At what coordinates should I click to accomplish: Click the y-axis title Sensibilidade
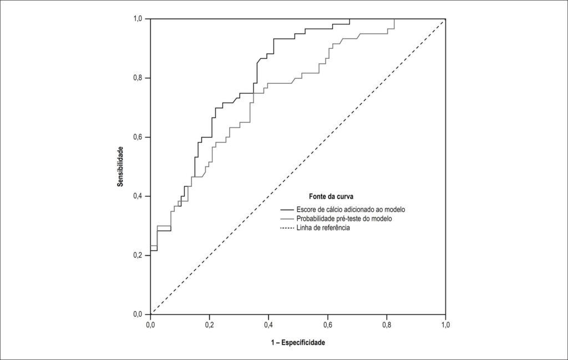point(120,166)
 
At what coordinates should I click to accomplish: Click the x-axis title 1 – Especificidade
point(298,342)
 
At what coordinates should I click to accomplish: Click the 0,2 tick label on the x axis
point(209,325)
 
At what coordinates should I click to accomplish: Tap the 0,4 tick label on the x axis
point(268,325)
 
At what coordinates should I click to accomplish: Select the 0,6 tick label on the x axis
point(327,325)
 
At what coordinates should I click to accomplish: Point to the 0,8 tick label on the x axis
point(387,325)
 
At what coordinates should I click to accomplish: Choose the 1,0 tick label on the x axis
point(445,325)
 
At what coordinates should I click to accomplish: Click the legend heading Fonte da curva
point(331,196)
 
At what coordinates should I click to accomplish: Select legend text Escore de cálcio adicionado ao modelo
point(351,209)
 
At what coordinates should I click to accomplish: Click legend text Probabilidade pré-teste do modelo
point(344,219)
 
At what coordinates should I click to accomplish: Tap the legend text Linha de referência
point(323,228)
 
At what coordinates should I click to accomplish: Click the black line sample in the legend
point(287,210)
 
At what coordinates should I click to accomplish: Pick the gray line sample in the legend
point(287,219)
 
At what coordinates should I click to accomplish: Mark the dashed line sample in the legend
point(287,228)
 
